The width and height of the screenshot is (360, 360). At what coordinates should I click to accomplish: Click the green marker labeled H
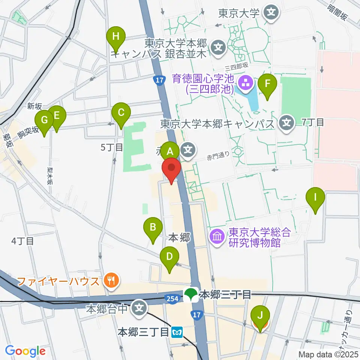(116, 37)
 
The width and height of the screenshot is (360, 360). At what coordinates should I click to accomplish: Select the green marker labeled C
(121, 112)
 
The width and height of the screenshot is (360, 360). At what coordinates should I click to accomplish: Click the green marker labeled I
(315, 197)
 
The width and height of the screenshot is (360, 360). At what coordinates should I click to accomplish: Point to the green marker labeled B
(153, 228)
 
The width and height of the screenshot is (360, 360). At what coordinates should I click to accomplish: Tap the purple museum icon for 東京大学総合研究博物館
(217, 237)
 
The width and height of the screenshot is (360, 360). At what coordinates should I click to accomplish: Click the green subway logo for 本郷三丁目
(191, 294)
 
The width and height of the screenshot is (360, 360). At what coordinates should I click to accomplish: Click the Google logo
(25, 351)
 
